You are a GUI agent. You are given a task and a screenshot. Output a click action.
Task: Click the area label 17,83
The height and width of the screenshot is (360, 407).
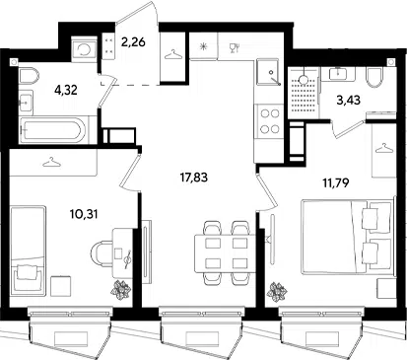pos(194,178)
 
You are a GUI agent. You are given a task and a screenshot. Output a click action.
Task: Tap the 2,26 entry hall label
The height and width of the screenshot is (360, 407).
pos(133,42)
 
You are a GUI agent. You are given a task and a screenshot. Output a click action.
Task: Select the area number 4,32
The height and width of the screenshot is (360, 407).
pos(66,90)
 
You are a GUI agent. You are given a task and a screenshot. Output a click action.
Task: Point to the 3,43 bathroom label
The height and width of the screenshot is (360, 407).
pos(349,100)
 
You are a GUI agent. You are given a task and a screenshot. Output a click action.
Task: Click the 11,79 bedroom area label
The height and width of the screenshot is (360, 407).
pos(335,182)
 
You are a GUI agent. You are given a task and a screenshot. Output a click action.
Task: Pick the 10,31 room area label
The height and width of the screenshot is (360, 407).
pos(84,215)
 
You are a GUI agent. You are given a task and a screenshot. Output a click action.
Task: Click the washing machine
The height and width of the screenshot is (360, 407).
pos(85,49)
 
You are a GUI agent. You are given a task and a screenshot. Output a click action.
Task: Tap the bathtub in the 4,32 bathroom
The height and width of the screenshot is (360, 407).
pos(53,130)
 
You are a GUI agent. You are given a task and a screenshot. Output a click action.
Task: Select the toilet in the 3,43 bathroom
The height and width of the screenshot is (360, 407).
pos(374,77)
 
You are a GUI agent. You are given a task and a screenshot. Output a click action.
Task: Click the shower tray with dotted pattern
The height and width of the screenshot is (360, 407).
pos(304,94)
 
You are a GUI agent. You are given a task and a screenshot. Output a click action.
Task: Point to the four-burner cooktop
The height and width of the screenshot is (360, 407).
pos(269,121)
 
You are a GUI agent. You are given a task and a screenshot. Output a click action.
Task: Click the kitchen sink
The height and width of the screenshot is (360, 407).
pos(269,72)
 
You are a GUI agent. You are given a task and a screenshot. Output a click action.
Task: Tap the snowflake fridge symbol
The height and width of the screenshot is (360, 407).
pos(204,46)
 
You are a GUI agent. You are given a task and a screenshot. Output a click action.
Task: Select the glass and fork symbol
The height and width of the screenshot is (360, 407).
pos(235,47)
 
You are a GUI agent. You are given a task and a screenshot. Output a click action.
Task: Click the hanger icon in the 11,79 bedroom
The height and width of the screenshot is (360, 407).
pos(384,149)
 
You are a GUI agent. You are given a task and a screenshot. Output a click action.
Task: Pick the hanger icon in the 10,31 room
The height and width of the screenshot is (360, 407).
pos(52,162)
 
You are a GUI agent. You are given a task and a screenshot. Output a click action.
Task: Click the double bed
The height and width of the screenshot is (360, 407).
pos(348,236)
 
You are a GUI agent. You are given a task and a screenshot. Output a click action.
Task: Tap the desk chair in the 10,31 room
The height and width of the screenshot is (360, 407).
pos(102,253)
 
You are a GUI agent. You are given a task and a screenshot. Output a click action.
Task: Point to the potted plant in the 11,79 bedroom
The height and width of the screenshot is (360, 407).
pos(277,291)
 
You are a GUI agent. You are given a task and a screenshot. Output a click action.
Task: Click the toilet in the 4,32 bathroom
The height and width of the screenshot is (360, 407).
pos(29,77)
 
